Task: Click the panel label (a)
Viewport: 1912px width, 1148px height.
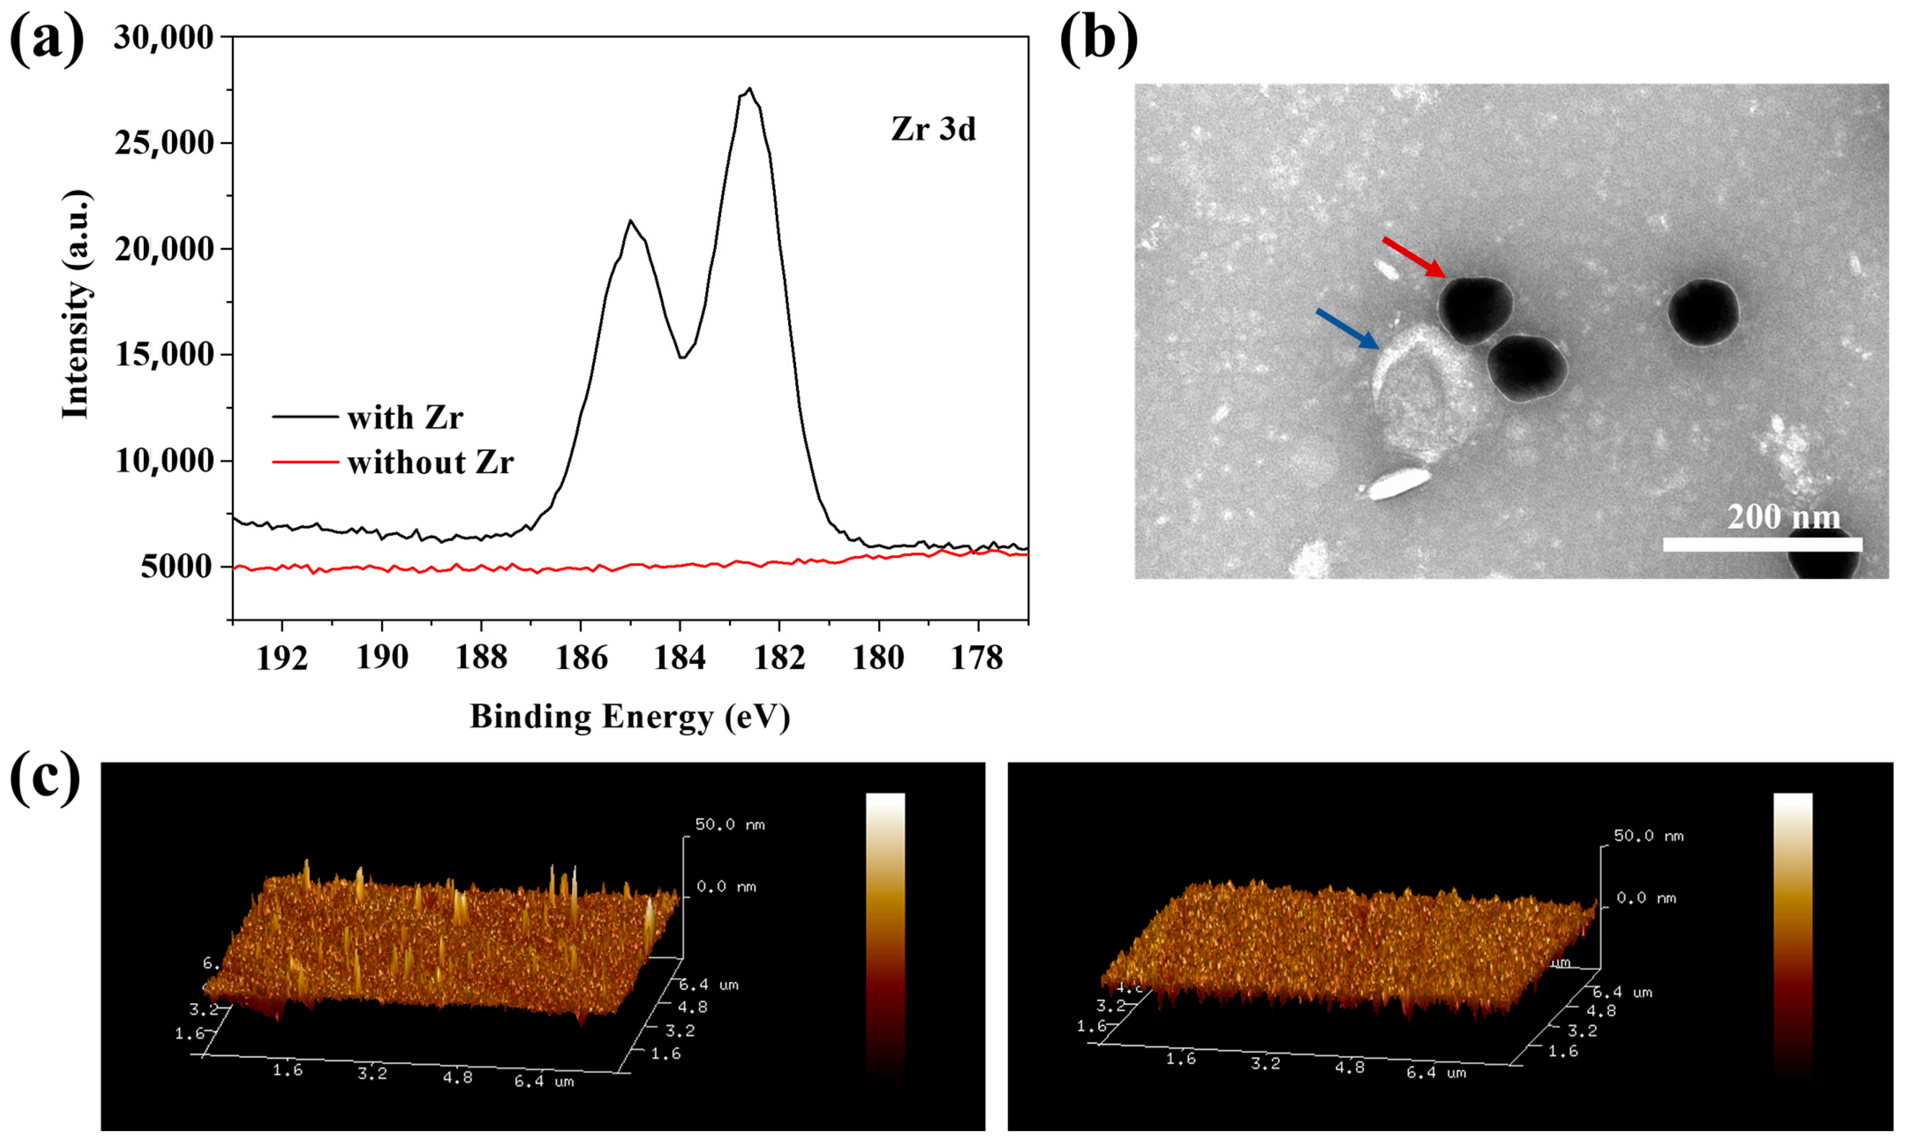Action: [46, 39]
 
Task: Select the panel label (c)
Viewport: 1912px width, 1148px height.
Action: [45, 777]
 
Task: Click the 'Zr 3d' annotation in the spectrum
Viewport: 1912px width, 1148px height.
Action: [933, 129]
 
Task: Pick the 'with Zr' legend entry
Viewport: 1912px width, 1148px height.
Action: [404, 418]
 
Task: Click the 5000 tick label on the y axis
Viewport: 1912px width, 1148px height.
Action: [177, 567]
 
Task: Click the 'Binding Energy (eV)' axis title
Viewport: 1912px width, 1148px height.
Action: [630, 717]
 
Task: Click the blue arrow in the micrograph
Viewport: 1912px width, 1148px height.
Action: [1346, 329]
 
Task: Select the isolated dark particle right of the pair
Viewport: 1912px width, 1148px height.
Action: [1703, 312]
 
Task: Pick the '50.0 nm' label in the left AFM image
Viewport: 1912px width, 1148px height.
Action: [730, 825]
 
